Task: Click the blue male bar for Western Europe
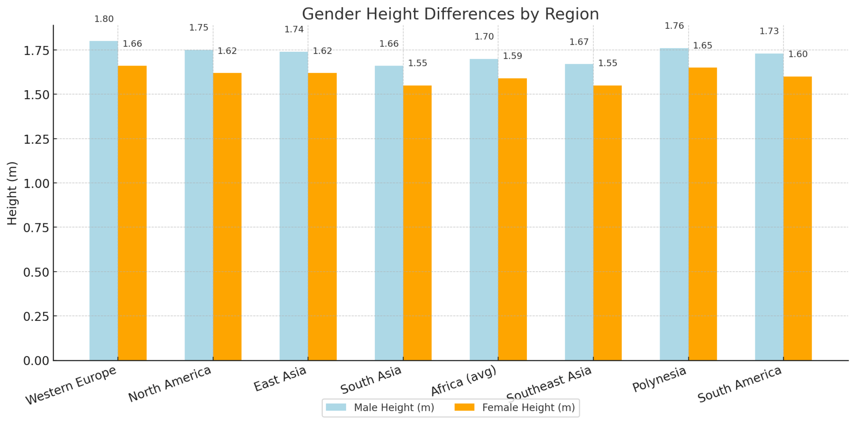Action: [x=104, y=200]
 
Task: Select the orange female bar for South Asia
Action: [x=417, y=223]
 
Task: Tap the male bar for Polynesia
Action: [x=674, y=204]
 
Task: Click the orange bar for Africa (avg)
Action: [x=512, y=219]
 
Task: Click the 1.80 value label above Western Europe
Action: [x=104, y=19]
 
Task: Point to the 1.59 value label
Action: [x=512, y=56]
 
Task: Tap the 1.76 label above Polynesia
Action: [x=674, y=26]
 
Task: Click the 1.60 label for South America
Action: [x=798, y=55]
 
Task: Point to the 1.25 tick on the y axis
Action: [x=36, y=139]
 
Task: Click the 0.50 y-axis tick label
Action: [x=36, y=272]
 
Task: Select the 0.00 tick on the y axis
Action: [x=36, y=361]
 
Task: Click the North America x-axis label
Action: [x=169, y=384]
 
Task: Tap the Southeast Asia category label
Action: [x=549, y=383]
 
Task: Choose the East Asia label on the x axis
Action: [x=280, y=379]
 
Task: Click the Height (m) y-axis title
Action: [x=13, y=193]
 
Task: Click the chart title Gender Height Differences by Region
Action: [x=450, y=14]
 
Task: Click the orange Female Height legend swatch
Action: [x=464, y=407]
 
